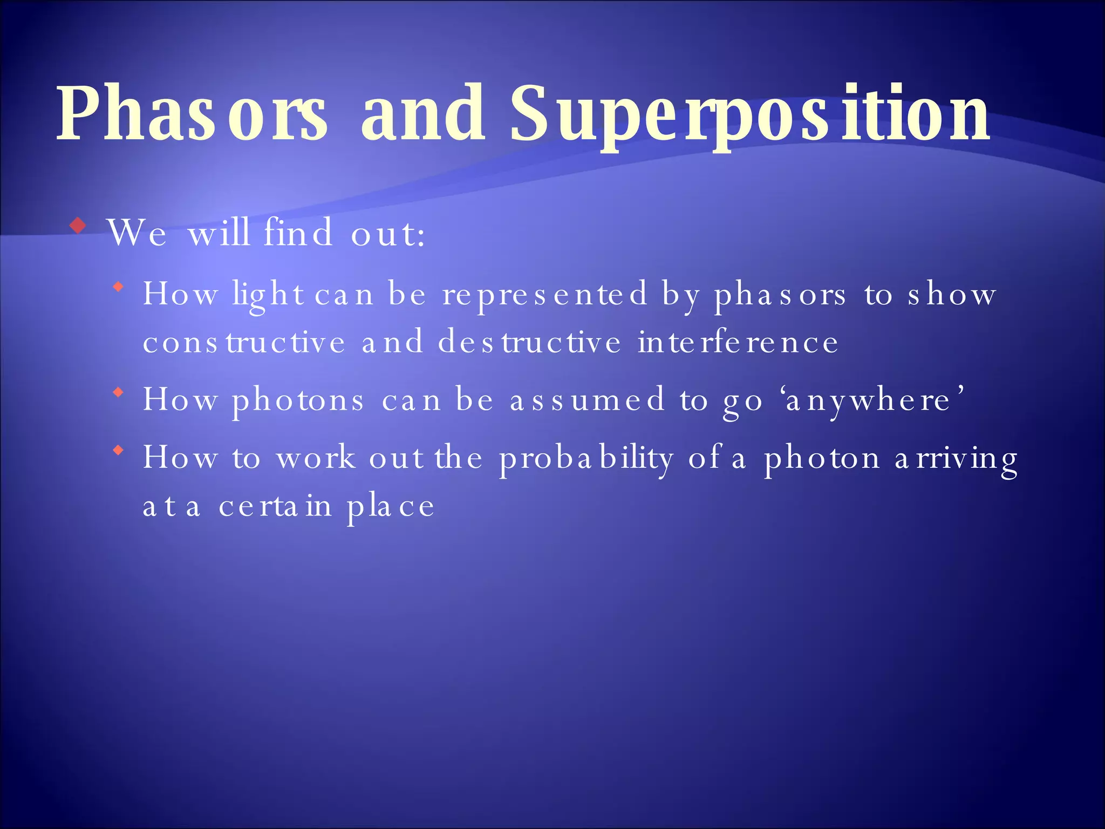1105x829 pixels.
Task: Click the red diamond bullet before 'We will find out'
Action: [x=79, y=226]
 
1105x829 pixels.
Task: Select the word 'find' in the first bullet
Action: [x=298, y=233]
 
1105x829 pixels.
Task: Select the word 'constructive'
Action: [x=244, y=343]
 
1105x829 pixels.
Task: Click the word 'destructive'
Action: [x=529, y=343]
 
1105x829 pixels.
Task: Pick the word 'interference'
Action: [x=738, y=343]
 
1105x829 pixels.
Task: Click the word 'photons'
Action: [x=298, y=401]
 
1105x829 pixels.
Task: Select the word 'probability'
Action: [x=586, y=459]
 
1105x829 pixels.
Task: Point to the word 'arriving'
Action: [x=956, y=459]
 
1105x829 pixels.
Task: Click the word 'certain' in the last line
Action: [x=275, y=506]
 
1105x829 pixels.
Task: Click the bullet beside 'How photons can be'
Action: [x=119, y=392]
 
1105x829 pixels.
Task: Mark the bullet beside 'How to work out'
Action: [x=119, y=450]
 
